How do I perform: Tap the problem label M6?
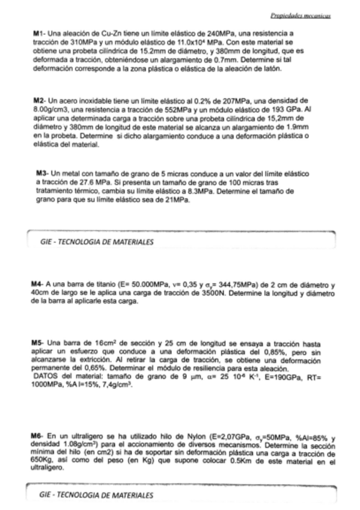click(36, 435)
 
